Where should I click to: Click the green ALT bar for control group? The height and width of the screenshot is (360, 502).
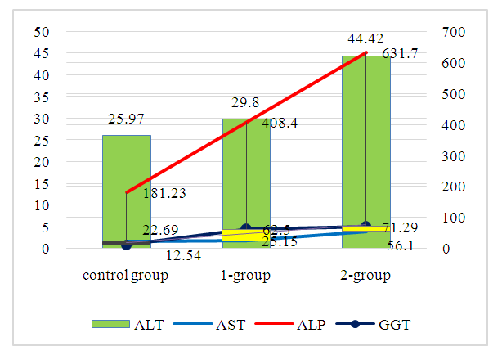click(126, 180)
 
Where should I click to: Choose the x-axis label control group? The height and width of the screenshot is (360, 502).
click(125, 276)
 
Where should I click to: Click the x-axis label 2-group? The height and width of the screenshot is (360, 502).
click(365, 276)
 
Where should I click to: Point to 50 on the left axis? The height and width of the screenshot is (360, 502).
click(41, 32)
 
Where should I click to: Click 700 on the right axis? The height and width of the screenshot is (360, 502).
click(454, 32)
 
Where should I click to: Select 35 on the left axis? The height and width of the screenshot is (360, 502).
click(41, 97)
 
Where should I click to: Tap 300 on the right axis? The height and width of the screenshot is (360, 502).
click(454, 155)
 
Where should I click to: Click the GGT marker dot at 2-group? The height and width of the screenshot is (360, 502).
click(365, 226)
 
